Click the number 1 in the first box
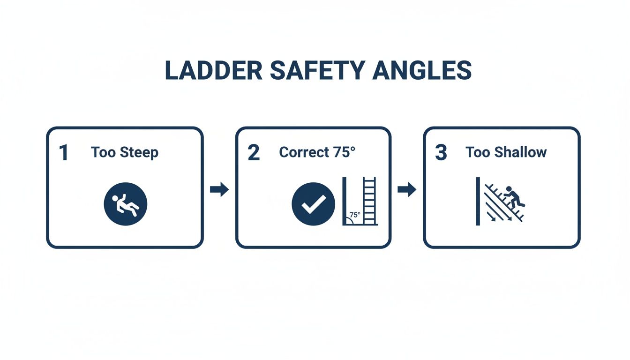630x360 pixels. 64,153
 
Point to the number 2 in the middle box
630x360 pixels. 253,153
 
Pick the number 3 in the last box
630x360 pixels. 441,153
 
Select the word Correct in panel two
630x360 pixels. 304,152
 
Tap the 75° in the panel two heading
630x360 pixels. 345,152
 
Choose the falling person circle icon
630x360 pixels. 125,204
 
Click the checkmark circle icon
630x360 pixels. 313,204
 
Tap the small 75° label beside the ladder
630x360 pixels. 355,215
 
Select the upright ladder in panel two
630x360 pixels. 370,201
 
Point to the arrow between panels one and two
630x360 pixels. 219,190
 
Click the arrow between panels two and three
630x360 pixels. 407,190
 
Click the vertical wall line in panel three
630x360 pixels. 478,201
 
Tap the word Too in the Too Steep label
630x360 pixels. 104,153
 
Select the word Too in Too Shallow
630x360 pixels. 478,152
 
